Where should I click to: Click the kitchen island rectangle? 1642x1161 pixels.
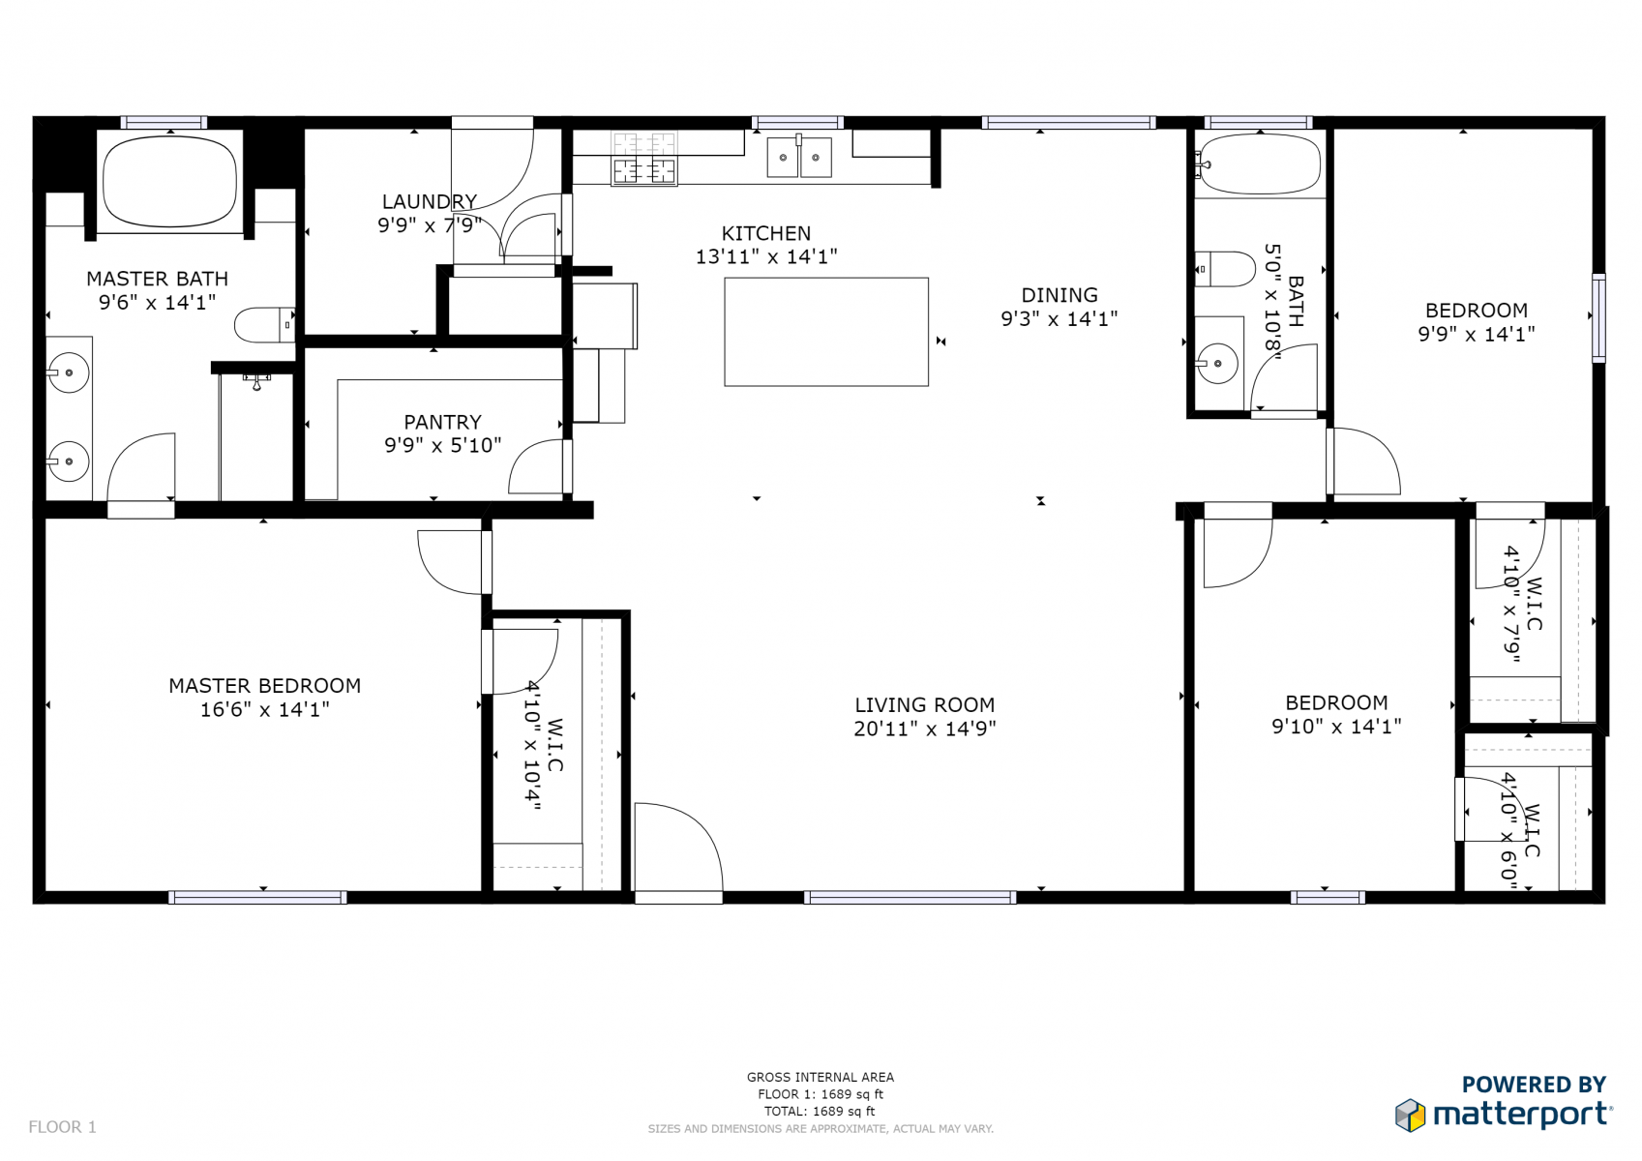[x=826, y=331]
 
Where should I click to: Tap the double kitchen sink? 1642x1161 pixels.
[x=799, y=157]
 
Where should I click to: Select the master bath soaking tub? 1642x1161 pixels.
[x=169, y=180]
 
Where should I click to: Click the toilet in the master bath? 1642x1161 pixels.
[x=264, y=325]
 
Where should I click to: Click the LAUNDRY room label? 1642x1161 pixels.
[x=430, y=201]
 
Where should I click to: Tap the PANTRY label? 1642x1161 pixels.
[x=443, y=422]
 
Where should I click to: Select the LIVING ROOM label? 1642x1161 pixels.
[x=925, y=705]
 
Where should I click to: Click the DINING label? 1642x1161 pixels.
[x=1060, y=295]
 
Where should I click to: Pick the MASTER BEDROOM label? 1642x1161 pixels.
[x=264, y=686]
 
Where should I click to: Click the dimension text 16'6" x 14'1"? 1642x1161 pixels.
[x=264, y=709]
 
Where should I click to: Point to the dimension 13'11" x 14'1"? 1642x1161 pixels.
[x=766, y=256]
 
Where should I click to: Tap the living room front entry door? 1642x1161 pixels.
[x=679, y=851]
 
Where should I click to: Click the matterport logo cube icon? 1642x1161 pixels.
[x=1411, y=1115]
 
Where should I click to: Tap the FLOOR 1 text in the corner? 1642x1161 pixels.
[x=62, y=1127]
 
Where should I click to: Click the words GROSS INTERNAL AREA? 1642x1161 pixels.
[x=821, y=1078]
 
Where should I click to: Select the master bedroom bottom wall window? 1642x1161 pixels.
[x=257, y=897]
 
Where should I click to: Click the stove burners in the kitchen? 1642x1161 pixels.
[x=644, y=159]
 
